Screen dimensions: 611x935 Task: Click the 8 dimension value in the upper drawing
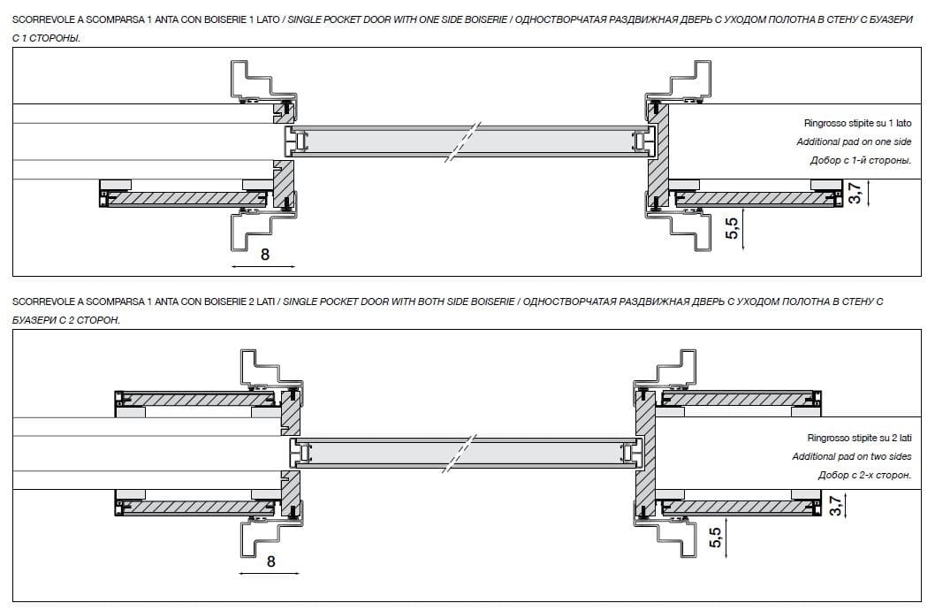[x=264, y=255]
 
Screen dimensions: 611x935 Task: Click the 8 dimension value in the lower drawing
[x=270, y=561]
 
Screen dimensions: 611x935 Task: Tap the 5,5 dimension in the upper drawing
[x=731, y=229]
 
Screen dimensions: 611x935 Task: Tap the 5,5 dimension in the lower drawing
[x=717, y=537]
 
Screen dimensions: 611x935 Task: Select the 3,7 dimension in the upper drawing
[x=855, y=193]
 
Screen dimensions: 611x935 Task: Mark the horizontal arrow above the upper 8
[x=262, y=265]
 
